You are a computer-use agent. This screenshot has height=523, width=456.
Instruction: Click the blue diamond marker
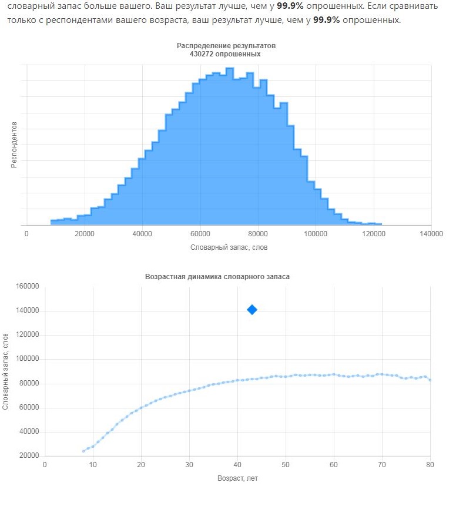252,310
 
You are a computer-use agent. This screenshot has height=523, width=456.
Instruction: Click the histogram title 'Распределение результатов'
226,46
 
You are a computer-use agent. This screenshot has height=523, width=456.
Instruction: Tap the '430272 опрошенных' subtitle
225,54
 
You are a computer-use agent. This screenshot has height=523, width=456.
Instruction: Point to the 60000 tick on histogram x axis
200,234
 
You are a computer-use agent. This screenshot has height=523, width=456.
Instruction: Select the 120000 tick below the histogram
374,234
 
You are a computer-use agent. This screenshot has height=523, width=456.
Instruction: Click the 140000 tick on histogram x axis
431,234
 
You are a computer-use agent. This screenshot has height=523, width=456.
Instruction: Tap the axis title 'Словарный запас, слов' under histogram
229,247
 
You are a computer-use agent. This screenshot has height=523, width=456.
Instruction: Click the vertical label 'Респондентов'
14,145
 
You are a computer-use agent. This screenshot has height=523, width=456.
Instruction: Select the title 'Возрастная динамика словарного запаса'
217,277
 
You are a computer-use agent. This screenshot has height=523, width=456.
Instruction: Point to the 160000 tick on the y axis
28,286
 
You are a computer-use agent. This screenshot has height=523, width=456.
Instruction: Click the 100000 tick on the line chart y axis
28,358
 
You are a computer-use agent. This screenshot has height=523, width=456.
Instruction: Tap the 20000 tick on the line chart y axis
29,455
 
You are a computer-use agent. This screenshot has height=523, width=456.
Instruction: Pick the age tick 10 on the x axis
93,465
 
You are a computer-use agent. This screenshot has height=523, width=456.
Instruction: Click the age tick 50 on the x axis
286,465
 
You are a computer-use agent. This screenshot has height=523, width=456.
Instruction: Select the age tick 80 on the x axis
430,465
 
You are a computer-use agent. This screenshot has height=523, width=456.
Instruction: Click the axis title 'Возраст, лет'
237,478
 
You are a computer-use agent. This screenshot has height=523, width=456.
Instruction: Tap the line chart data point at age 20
141,408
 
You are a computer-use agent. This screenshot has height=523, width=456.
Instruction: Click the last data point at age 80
430,380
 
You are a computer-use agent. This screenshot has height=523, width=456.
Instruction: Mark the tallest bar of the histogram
230,146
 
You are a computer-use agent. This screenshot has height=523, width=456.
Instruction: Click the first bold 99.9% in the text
290,6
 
